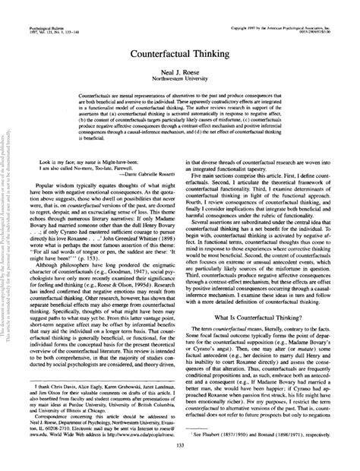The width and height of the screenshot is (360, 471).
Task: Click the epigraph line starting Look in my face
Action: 84,183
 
